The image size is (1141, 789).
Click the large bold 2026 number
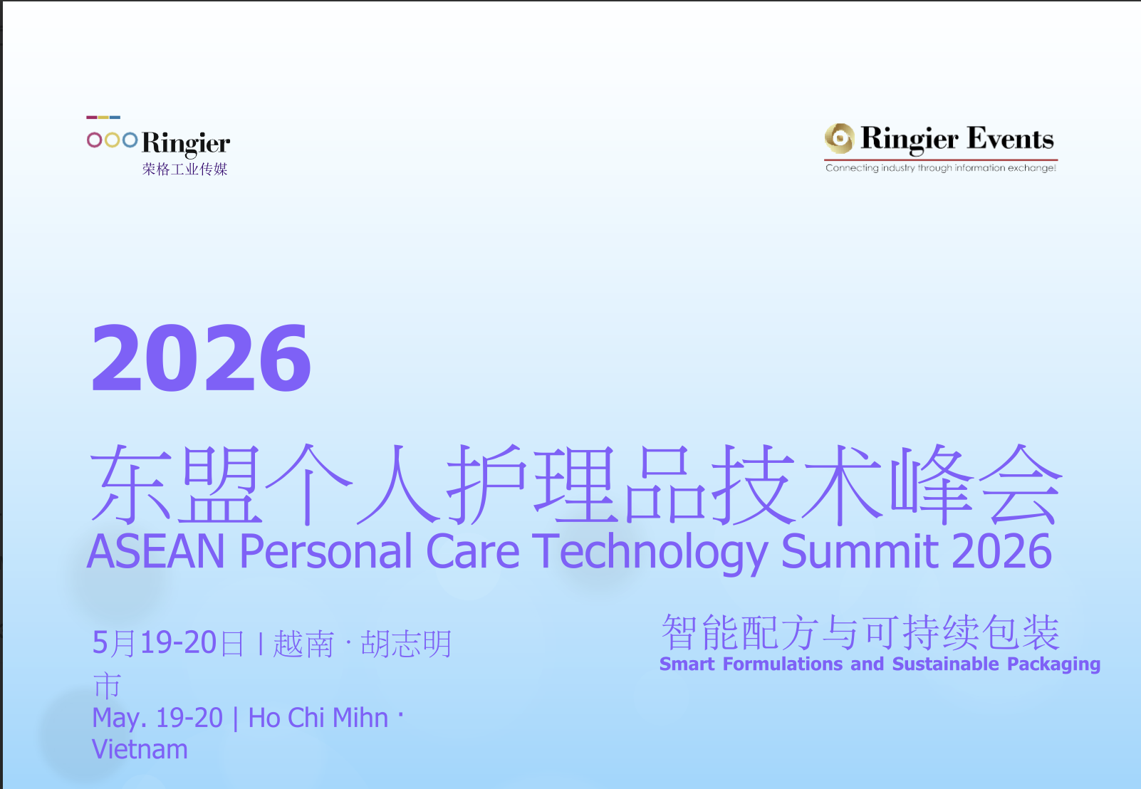(x=201, y=357)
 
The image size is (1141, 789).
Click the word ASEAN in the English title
(x=156, y=552)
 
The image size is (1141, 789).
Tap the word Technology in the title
(x=650, y=552)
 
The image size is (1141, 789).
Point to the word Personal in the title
(x=325, y=552)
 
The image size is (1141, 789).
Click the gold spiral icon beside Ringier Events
(x=839, y=138)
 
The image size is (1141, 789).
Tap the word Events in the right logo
(x=1010, y=139)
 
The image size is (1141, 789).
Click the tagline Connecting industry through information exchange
(x=940, y=168)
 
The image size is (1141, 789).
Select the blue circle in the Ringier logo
(x=130, y=140)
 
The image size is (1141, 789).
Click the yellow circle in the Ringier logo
(x=112, y=140)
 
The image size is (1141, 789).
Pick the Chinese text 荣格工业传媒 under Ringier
(x=184, y=169)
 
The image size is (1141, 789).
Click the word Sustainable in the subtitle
(x=945, y=664)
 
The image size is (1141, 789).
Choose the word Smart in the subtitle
(x=687, y=664)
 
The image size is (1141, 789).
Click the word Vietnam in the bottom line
(x=140, y=750)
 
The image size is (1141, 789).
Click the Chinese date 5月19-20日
(x=168, y=643)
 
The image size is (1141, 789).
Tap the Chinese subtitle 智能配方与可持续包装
(x=860, y=632)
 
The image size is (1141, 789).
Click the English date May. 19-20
(x=157, y=718)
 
